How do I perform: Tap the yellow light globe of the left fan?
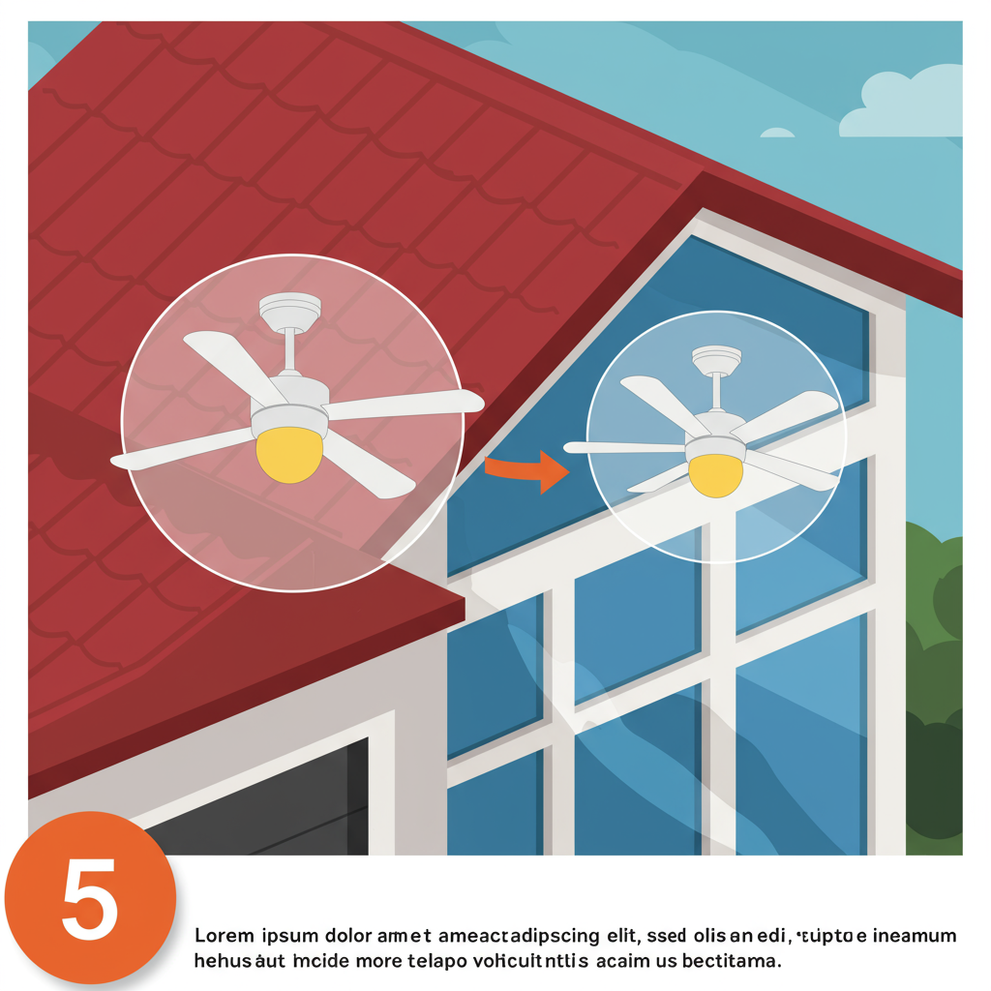pyautogui.click(x=289, y=455)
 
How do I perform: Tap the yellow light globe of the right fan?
pyautogui.click(x=715, y=475)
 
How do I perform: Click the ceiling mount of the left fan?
pyautogui.click(x=290, y=311)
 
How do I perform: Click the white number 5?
pyautogui.click(x=90, y=898)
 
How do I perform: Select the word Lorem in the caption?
pyautogui.click(x=224, y=936)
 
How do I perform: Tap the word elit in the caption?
pyautogui.click(x=622, y=936)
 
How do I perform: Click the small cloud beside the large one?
pyautogui.click(x=777, y=133)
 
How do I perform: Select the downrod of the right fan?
pyautogui.click(x=717, y=392)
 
